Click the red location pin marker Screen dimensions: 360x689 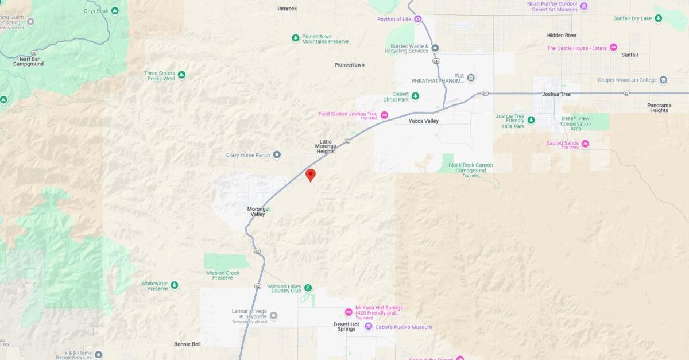(x=310, y=175)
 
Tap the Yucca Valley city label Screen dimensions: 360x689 (x=423, y=121)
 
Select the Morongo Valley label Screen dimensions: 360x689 (x=257, y=211)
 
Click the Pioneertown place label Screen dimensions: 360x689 (x=349, y=65)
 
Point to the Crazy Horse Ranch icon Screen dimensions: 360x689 (x=277, y=154)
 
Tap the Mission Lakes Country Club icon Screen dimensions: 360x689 (x=308, y=288)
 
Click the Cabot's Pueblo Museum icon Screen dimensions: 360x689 (x=369, y=327)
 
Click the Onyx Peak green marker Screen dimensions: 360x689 (x=115, y=11)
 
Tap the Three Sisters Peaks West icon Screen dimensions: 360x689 (x=181, y=75)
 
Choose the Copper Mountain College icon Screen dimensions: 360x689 (x=663, y=80)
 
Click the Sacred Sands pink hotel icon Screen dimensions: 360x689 (x=585, y=144)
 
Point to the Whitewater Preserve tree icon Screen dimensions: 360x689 (x=174, y=285)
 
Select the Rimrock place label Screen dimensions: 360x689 (x=287, y=9)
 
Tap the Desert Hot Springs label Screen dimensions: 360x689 (x=346, y=326)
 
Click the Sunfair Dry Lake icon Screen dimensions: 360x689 (x=659, y=18)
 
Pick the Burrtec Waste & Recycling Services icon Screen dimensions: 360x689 (x=435, y=48)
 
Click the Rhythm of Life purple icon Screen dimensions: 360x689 (x=418, y=19)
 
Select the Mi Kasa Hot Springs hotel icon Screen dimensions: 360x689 (x=349, y=312)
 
